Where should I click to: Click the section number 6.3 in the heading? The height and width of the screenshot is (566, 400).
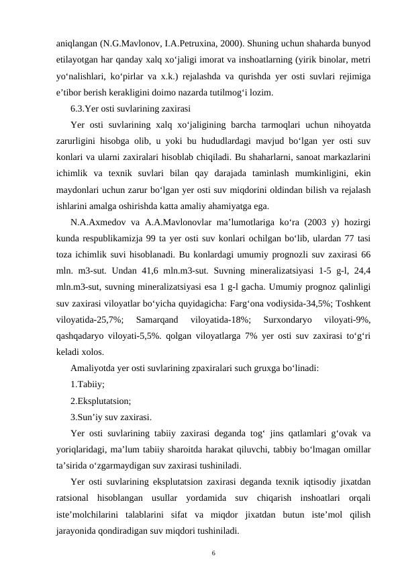[77, 108]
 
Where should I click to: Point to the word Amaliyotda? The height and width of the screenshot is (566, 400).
[95, 370]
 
